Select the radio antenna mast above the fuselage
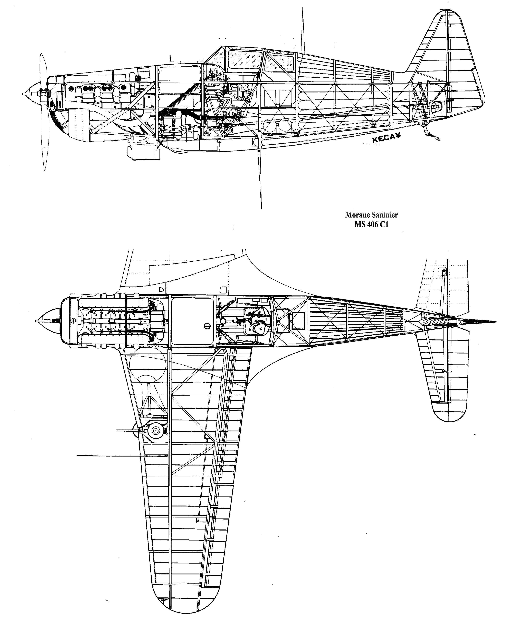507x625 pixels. click(x=303, y=31)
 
